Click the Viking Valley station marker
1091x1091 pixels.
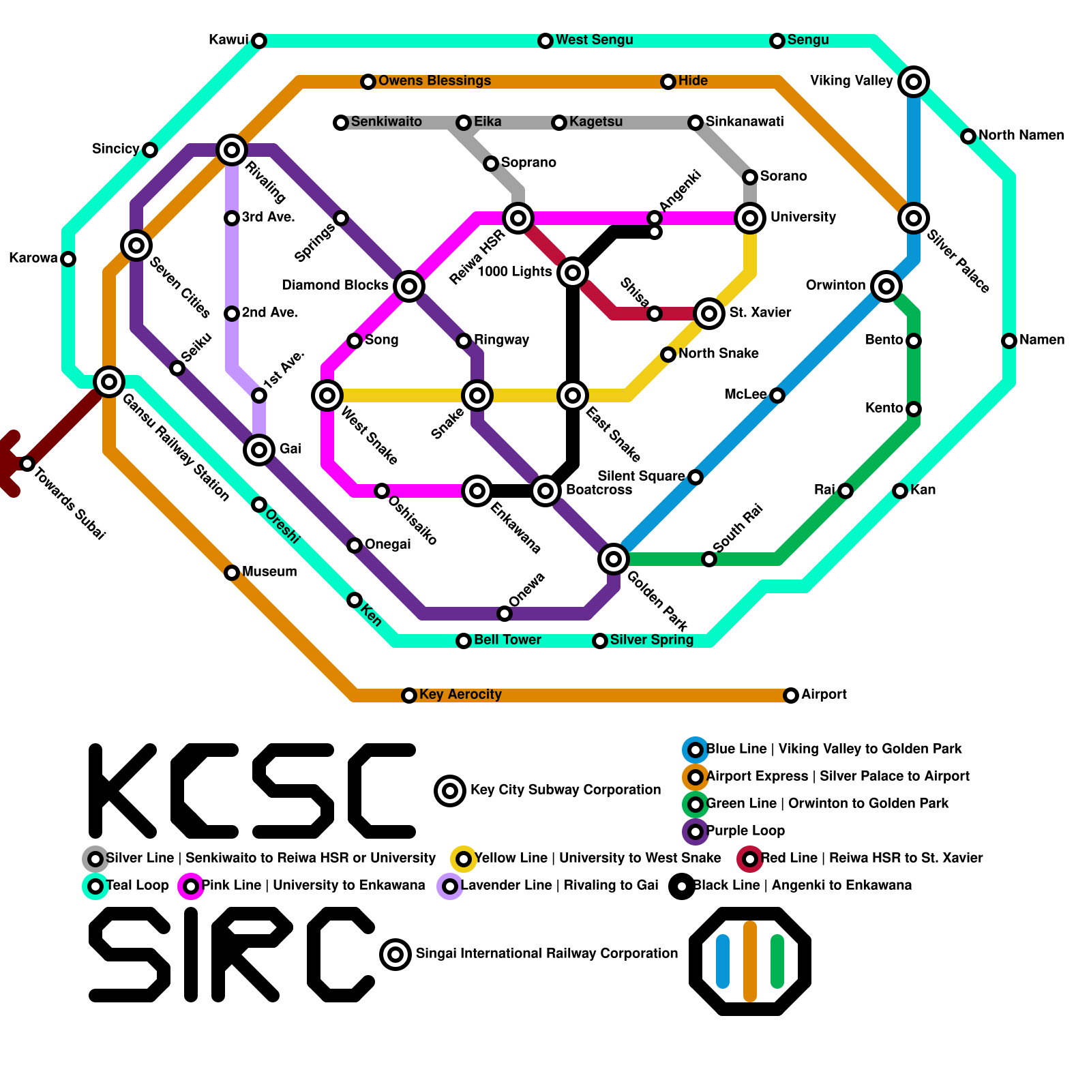tap(914, 82)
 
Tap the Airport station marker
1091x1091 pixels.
tap(791, 696)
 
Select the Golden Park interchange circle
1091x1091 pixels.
tap(614, 559)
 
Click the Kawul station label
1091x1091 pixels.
tap(228, 40)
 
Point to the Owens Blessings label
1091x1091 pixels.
tap(434, 80)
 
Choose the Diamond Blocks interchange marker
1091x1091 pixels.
tap(409, 286)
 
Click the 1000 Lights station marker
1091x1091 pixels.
tap(573, 273)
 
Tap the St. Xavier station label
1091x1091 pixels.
tap(760, 312)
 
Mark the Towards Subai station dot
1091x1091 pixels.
tap(27, 464)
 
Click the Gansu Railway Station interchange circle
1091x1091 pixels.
tap(109, 382)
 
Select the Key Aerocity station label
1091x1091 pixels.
tap(460, 694)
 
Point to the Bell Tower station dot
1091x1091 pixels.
tap(464, 641)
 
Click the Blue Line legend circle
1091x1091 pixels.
tap(696, 750)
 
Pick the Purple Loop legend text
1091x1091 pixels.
tap(745, 831)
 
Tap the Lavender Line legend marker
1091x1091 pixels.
tap(450, 886)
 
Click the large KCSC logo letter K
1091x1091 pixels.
tap(123, 791)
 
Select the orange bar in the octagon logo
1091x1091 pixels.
tap(750, 961)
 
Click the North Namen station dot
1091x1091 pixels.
tap(968, 136)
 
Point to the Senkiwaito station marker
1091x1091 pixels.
tap(341, 123)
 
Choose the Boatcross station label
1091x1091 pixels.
tap(599, 490)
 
